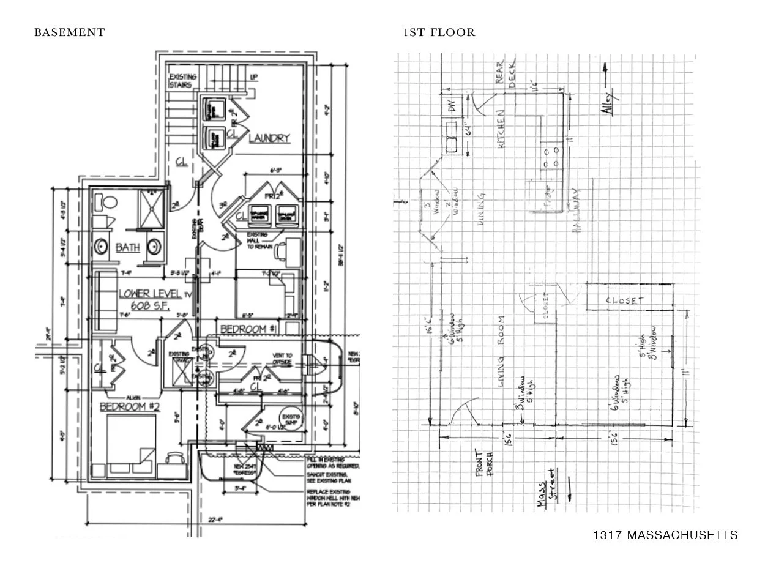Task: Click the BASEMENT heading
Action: tap(69, 32)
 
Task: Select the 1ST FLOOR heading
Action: tap(439, 32)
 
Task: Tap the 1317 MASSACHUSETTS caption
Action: tap(665, 535)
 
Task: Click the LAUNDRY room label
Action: tap(269, 138)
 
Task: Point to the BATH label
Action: tap(128, 247)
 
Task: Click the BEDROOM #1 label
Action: tap(243, 329)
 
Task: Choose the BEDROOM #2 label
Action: tap(130, 406)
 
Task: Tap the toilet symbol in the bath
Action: tap(110, 203)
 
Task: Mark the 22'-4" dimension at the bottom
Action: tap(214, 520)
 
